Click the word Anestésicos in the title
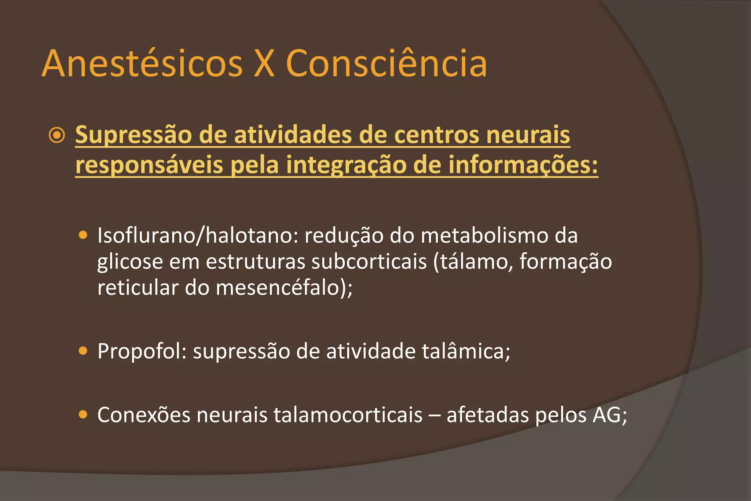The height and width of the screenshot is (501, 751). click(142, 64)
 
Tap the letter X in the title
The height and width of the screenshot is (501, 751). click(264, 64)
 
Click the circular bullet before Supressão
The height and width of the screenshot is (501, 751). click(57, 135)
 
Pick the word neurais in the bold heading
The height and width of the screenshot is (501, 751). click(528, 135)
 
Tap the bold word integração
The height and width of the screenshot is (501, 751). click(346, 165)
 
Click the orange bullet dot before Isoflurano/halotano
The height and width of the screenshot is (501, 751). click(83, 235)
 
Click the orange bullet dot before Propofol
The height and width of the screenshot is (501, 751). click(83, 351)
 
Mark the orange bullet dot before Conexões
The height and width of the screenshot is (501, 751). click(83, 415)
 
